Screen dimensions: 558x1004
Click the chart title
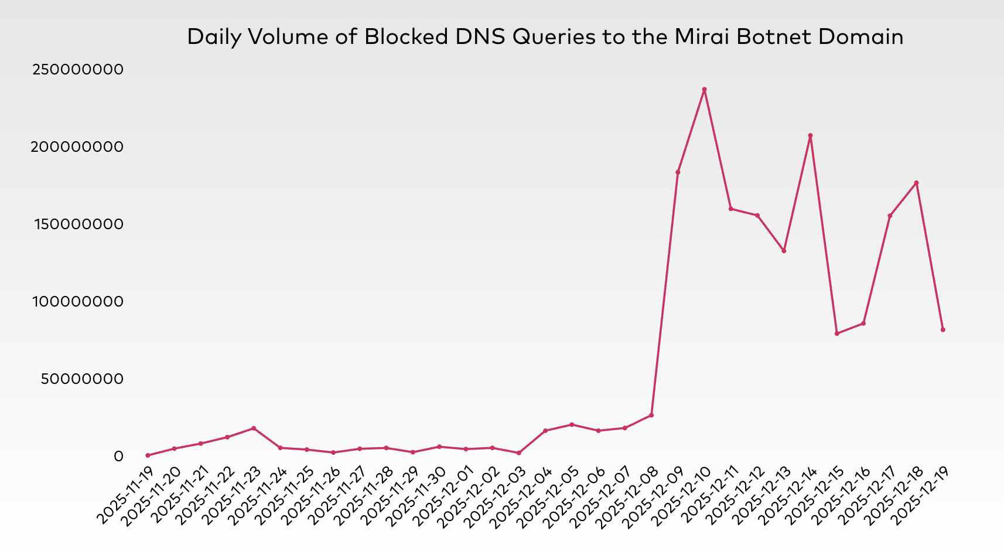pos(545,37)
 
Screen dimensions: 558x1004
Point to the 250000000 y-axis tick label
pos(77,70)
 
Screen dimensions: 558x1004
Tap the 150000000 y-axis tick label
pos(77,224)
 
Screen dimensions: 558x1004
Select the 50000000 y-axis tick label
pos(83,379)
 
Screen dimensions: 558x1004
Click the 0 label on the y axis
pos(119,456)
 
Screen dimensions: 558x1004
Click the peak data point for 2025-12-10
pos(704,90)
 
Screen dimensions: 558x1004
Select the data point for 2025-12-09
pos(678,172)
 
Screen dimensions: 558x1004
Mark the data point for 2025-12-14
pos(810,135)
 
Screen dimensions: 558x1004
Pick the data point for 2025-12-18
pos(916,183)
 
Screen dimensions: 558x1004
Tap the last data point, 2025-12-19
pos(942,330)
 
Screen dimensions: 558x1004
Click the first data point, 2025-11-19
pos(148,455)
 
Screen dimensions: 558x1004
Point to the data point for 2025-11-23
pos(254,428)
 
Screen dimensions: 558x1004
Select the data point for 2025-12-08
pos(651,416)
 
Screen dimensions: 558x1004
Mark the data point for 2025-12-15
pos(836,334)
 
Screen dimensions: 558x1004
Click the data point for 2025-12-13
pos(784,251)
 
